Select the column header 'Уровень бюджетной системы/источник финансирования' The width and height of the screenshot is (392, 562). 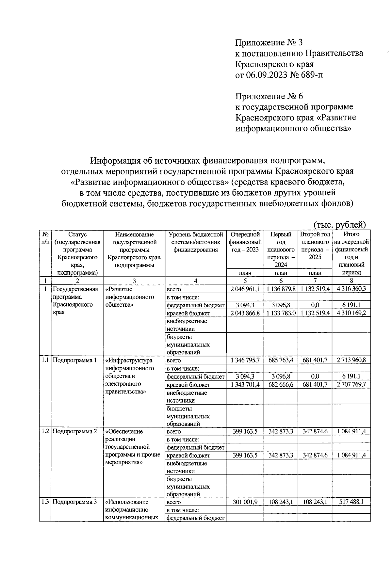(195, 242)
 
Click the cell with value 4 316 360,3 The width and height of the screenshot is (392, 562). (351, 289)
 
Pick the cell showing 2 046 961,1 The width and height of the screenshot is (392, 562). (245, 289)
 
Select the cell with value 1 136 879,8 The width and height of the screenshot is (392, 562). (281, 289)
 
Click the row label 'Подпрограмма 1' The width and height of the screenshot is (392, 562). (75, 360)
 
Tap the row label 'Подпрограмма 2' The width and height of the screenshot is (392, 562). (75, 431)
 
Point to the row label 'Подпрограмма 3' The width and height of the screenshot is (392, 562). (75, 502)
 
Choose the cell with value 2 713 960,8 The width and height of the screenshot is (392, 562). (351, 360)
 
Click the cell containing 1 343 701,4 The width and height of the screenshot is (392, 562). (245, 385)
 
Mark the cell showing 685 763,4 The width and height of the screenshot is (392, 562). (281, 360)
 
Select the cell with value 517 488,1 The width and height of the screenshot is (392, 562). (351, 502)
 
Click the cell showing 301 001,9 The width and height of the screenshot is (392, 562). (245, 502)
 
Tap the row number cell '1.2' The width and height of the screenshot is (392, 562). (45, 431)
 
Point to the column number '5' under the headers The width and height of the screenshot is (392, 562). (245, 281)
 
